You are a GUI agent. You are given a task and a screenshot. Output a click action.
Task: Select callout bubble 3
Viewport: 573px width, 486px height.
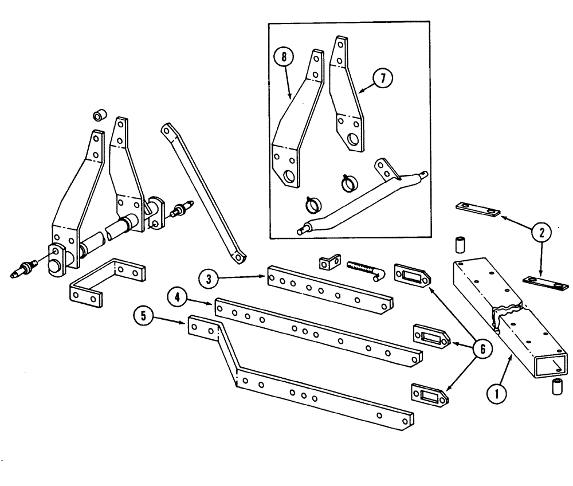pyautogui.click(x=210, y=280)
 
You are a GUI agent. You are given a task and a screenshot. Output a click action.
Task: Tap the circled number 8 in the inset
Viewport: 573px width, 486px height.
pyautogui.click(x=284, y=57)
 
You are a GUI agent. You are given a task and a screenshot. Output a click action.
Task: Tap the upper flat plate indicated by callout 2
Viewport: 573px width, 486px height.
pyautogui.click(x=476, y=210)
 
